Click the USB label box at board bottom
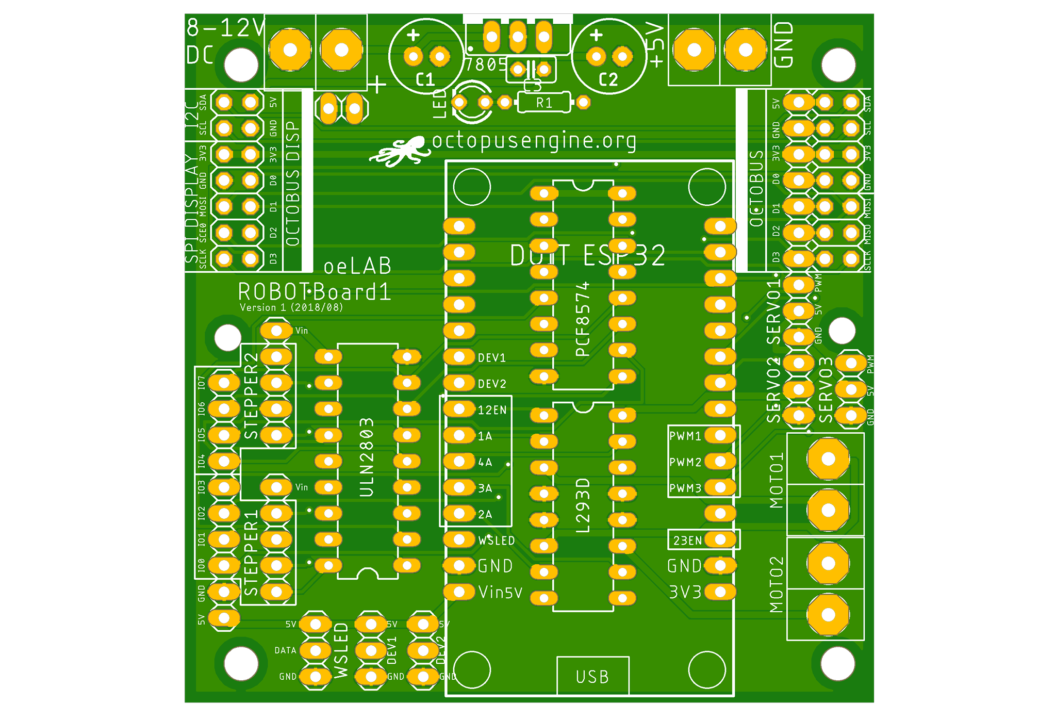[x=592, y=676]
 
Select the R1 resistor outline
[x=544, y=102]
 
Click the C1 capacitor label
[x=425, y=79]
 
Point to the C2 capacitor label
[x=608, y=79]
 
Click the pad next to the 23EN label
[x=720, y=540]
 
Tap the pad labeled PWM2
[x=720, y=462]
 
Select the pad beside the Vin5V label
[x=459, y=592]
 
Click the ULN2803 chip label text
[x=367, y=458]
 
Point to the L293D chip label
[x=583, y=505]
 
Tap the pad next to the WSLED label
[x=459, y=540]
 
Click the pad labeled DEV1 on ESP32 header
[x=459, y=357]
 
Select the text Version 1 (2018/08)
[x=291, y=307]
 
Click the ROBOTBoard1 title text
[x=314, y=292]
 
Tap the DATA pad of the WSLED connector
[x=315, y=650]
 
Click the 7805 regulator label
[x=486, y=65]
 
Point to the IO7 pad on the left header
[x=224, y=383]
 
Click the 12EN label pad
[x=459, y=410]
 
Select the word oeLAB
[x=357, y=266]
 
